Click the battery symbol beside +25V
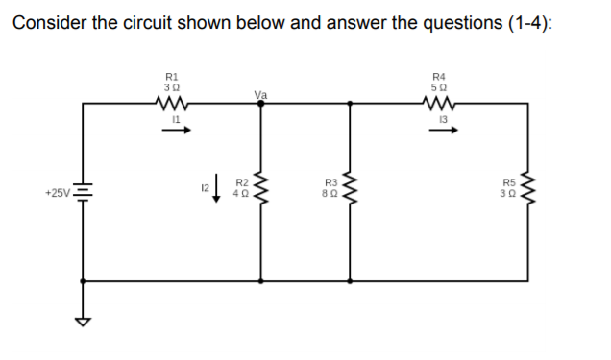86,193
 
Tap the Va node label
259,94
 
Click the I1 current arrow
172,132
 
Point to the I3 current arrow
441,132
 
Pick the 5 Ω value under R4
440,85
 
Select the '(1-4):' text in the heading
527,24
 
